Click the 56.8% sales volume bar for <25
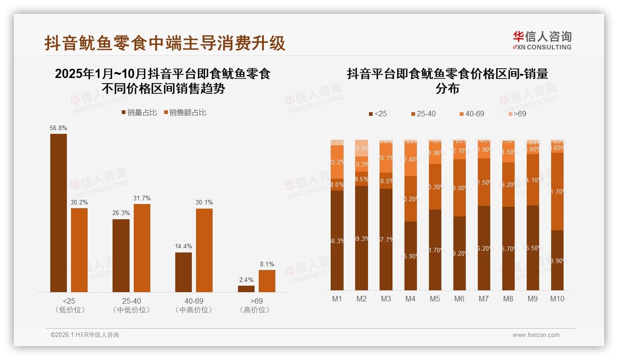pos(59,213)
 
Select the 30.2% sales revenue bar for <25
pos(79,250)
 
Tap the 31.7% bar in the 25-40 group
pos(142,248)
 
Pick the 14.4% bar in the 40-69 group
pos(184,272)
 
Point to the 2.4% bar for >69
pos(246,288)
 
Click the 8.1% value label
pos(267,264)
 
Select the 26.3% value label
pos(121,213)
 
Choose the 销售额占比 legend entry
pos(184,113)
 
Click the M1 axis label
pos(337,299)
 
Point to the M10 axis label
pos(557,299)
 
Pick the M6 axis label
pos(459,299)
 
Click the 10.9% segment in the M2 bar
pos(362,148)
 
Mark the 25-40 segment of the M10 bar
pos(558,191)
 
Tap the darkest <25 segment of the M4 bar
pos(410,256)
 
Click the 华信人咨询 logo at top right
pos(542,40)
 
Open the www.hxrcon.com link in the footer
pos(536,335)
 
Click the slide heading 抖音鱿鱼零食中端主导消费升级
pos(165,43)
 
